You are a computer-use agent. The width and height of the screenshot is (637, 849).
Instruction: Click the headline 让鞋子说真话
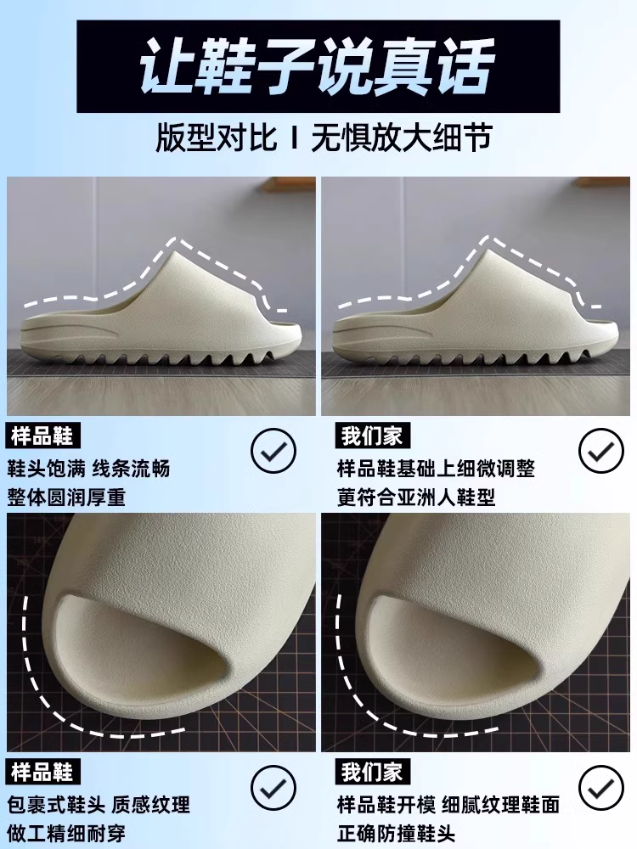tap(318, 66)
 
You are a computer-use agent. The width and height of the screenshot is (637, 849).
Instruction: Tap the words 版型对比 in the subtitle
tap(217, 138)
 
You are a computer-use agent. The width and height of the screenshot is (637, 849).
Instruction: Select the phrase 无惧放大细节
tap(402, 138)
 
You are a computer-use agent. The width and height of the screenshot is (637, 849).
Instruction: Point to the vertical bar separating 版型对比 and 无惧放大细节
tap(294, 138)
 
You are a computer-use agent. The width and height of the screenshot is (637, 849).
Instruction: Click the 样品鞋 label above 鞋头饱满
tap(42, 436)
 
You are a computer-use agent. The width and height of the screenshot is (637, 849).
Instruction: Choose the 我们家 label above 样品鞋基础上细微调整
tap(373, 436)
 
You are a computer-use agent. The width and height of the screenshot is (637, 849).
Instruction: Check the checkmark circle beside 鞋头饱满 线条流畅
tap(273, 451)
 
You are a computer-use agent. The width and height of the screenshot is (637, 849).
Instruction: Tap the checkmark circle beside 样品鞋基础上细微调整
tap(601, 451)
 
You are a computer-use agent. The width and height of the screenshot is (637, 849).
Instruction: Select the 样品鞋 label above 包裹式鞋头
tap(42, 772)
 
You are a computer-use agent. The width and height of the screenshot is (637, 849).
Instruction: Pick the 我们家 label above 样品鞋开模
tap(373, 772)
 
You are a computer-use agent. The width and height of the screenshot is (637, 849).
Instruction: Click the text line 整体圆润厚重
tap(66, 497)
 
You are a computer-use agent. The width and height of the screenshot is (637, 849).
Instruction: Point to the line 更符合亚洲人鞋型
tap(416, 497)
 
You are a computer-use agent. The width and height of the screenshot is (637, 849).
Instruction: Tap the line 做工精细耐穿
tap(66, 833)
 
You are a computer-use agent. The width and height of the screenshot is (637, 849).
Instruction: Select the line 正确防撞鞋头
tap(397, 833)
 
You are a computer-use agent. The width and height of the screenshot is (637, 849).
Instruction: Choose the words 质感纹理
tap(151, 805)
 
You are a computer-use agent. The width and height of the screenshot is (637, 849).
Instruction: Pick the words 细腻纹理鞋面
tap(500, 805)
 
